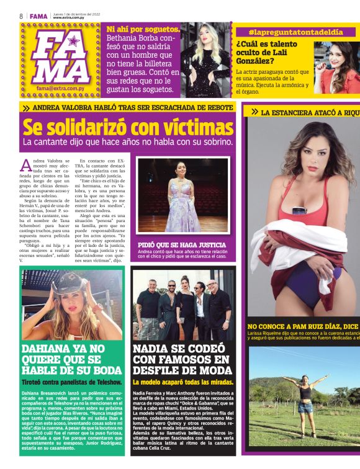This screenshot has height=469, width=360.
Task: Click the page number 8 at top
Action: click(x=21, y=16)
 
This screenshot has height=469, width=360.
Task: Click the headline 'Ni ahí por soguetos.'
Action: click(x=144, y=29)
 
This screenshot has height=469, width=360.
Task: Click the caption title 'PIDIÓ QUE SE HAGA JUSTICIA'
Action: click(x=177, y=244)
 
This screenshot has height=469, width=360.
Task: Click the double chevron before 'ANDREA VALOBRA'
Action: click(x=26, y=108)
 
